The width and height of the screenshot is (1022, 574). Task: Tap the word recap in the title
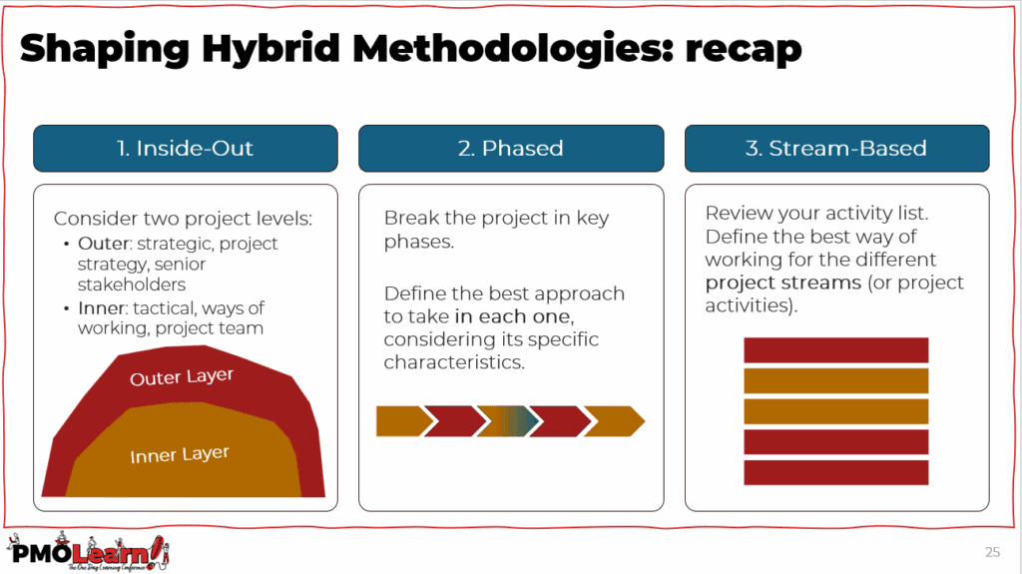pyautogui.click(x=743, y=51)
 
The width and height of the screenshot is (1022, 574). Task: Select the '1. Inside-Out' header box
pyautogui.click(x=186, y=148)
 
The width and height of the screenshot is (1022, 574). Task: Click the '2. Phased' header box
pyautogui.click(x=511, y=148)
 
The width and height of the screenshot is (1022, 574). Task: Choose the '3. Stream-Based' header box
pyautogui.click(x=837, y=148)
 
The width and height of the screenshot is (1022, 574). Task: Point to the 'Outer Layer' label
pyautogui.click(x=182, y=377)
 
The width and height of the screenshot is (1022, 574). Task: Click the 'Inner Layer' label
pyautogui.click(x=180, y=454)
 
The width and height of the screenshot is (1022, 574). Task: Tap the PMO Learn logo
pyautogui.click(x=88, y=552)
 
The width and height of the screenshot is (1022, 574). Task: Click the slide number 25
pyautogui.click(x=992, y=552)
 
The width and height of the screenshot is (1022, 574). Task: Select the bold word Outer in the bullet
pyautogui.click(x=104, y=244)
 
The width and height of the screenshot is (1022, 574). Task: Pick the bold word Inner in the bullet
pyautogui.click(x=101, y=307)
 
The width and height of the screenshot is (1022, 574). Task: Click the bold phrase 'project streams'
pyautogui.click(x=782, y=284)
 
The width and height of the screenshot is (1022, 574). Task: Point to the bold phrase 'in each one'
pyautogui.click(x=514, y=316)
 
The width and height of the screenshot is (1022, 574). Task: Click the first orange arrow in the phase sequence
pyautogui.click(x=404, y=421)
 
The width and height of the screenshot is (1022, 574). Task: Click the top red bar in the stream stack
pyautogui.click(x=836, y=350)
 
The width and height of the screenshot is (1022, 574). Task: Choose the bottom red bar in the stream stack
pyautogui.click(x=836, y=473)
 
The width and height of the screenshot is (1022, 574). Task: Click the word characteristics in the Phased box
pyautogui.click(x=454, y=362)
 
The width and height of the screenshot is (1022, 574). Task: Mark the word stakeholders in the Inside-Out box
pyautogui.click(x=132, y=285)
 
